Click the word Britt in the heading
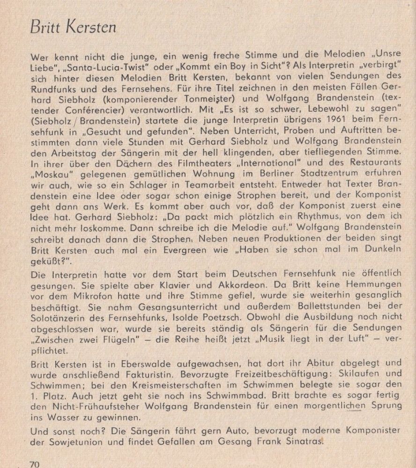pos(43,28)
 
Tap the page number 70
pos(35,464)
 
